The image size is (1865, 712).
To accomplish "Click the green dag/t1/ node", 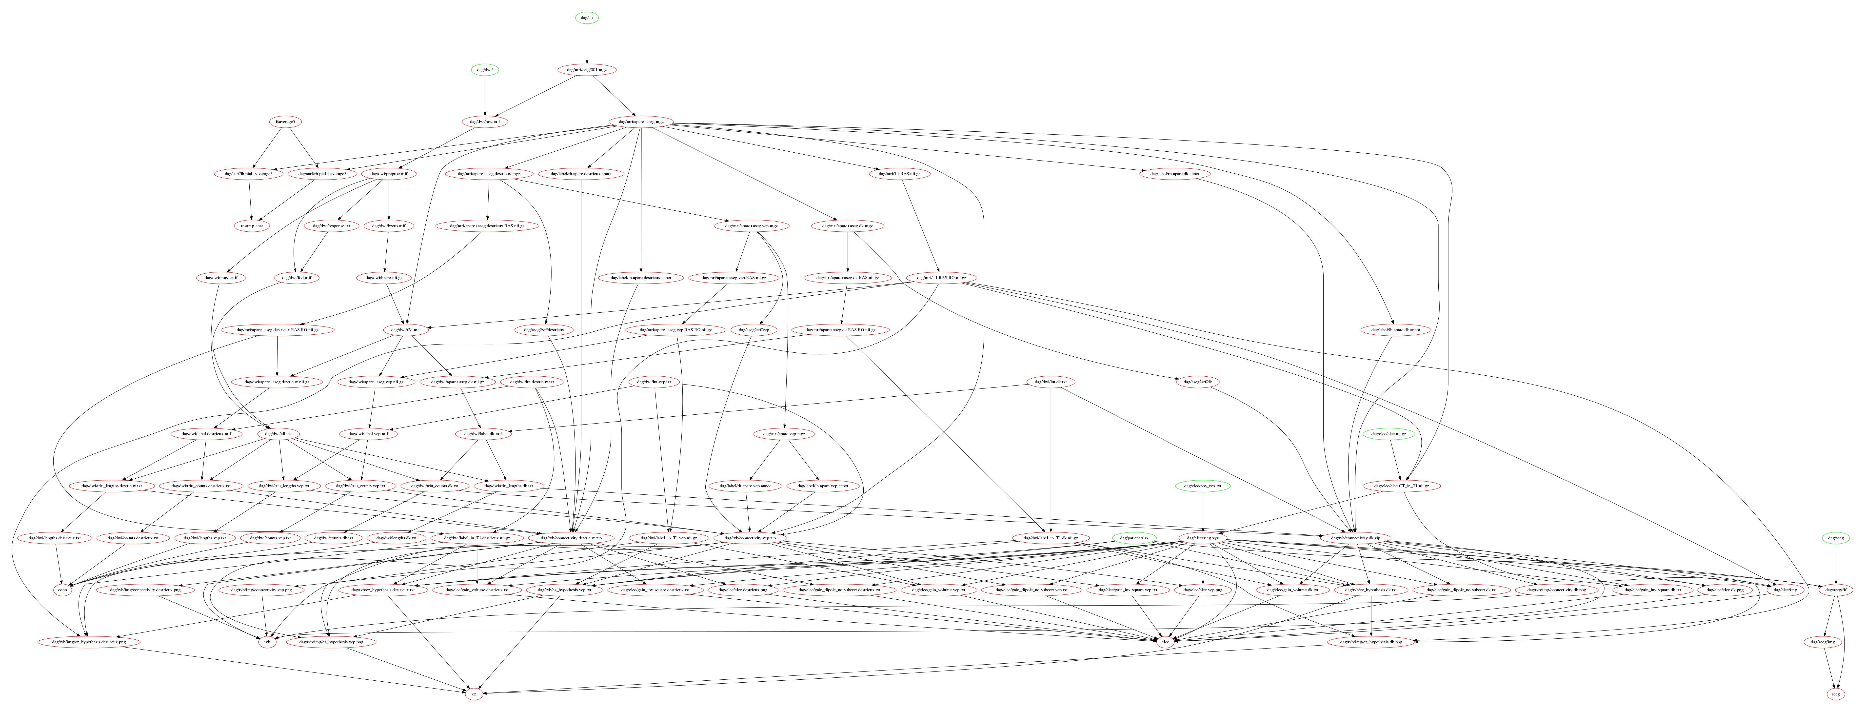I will (586, 17).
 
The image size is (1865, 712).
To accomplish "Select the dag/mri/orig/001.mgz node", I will (586, 70).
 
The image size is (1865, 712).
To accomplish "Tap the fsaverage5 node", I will (284, 122).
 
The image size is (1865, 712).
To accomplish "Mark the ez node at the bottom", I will (474, 694).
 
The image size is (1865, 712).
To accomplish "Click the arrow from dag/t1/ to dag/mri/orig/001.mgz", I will (586, 43).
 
